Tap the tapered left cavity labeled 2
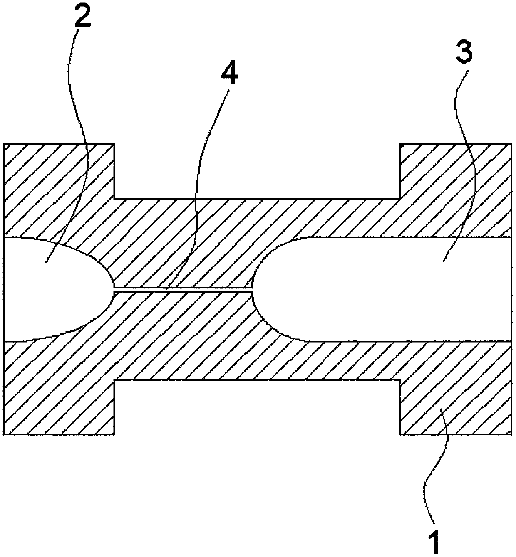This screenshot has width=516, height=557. coord(50,287)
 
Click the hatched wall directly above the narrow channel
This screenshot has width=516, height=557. coord(183,249)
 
